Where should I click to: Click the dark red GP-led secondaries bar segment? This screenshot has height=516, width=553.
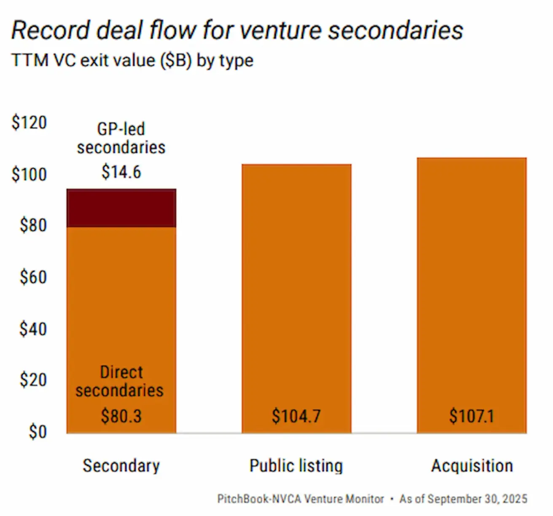121,208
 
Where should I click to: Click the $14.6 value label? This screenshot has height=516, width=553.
121,172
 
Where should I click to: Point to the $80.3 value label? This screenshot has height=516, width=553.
121,416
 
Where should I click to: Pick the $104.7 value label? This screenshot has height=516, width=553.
296,416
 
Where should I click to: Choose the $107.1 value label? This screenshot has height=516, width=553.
472,416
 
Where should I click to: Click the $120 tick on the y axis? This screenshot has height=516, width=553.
29,123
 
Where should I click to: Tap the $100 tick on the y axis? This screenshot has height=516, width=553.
29,174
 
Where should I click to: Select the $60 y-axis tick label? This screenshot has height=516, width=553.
33,277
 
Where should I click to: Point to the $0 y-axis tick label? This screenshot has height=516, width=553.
38,432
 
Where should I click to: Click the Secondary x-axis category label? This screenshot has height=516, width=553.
121,466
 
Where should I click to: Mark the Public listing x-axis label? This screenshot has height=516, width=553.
296,466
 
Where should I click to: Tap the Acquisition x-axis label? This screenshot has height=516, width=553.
472,466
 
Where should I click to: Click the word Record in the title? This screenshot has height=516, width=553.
51,30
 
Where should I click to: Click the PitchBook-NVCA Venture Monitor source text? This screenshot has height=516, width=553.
301,499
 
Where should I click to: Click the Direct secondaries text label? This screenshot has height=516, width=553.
120,381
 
